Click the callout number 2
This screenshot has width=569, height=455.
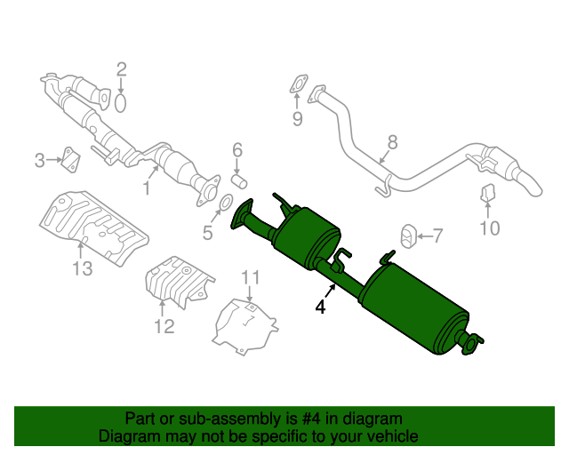[122, 68]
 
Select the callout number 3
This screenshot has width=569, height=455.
[39, 161]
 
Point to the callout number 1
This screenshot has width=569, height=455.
[148, 189]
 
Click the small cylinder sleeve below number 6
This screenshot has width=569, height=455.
[238, 180]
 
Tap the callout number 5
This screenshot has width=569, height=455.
[207, 234]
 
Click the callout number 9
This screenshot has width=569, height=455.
[297, 119]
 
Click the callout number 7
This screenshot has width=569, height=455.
[437, 235]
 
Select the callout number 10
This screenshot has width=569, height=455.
[490, 229]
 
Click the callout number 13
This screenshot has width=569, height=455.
[82, 269]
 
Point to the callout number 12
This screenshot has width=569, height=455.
[164, 327]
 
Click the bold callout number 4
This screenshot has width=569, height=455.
[319, 307]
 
